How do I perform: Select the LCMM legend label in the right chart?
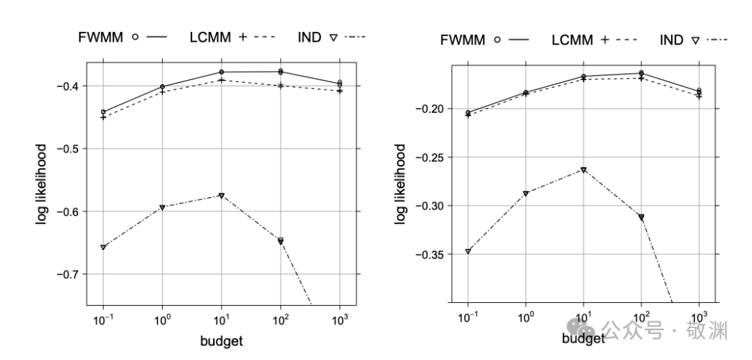point(572,40)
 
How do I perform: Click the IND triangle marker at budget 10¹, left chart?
point(221,196)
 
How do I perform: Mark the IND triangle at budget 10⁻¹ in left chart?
point(103,247)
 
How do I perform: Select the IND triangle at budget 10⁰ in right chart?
point(526,194)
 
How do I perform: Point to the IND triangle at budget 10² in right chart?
point(641,217)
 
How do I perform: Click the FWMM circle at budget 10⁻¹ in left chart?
point(103,112)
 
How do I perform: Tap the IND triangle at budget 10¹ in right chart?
point(583,170)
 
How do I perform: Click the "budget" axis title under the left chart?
point(221,341)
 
